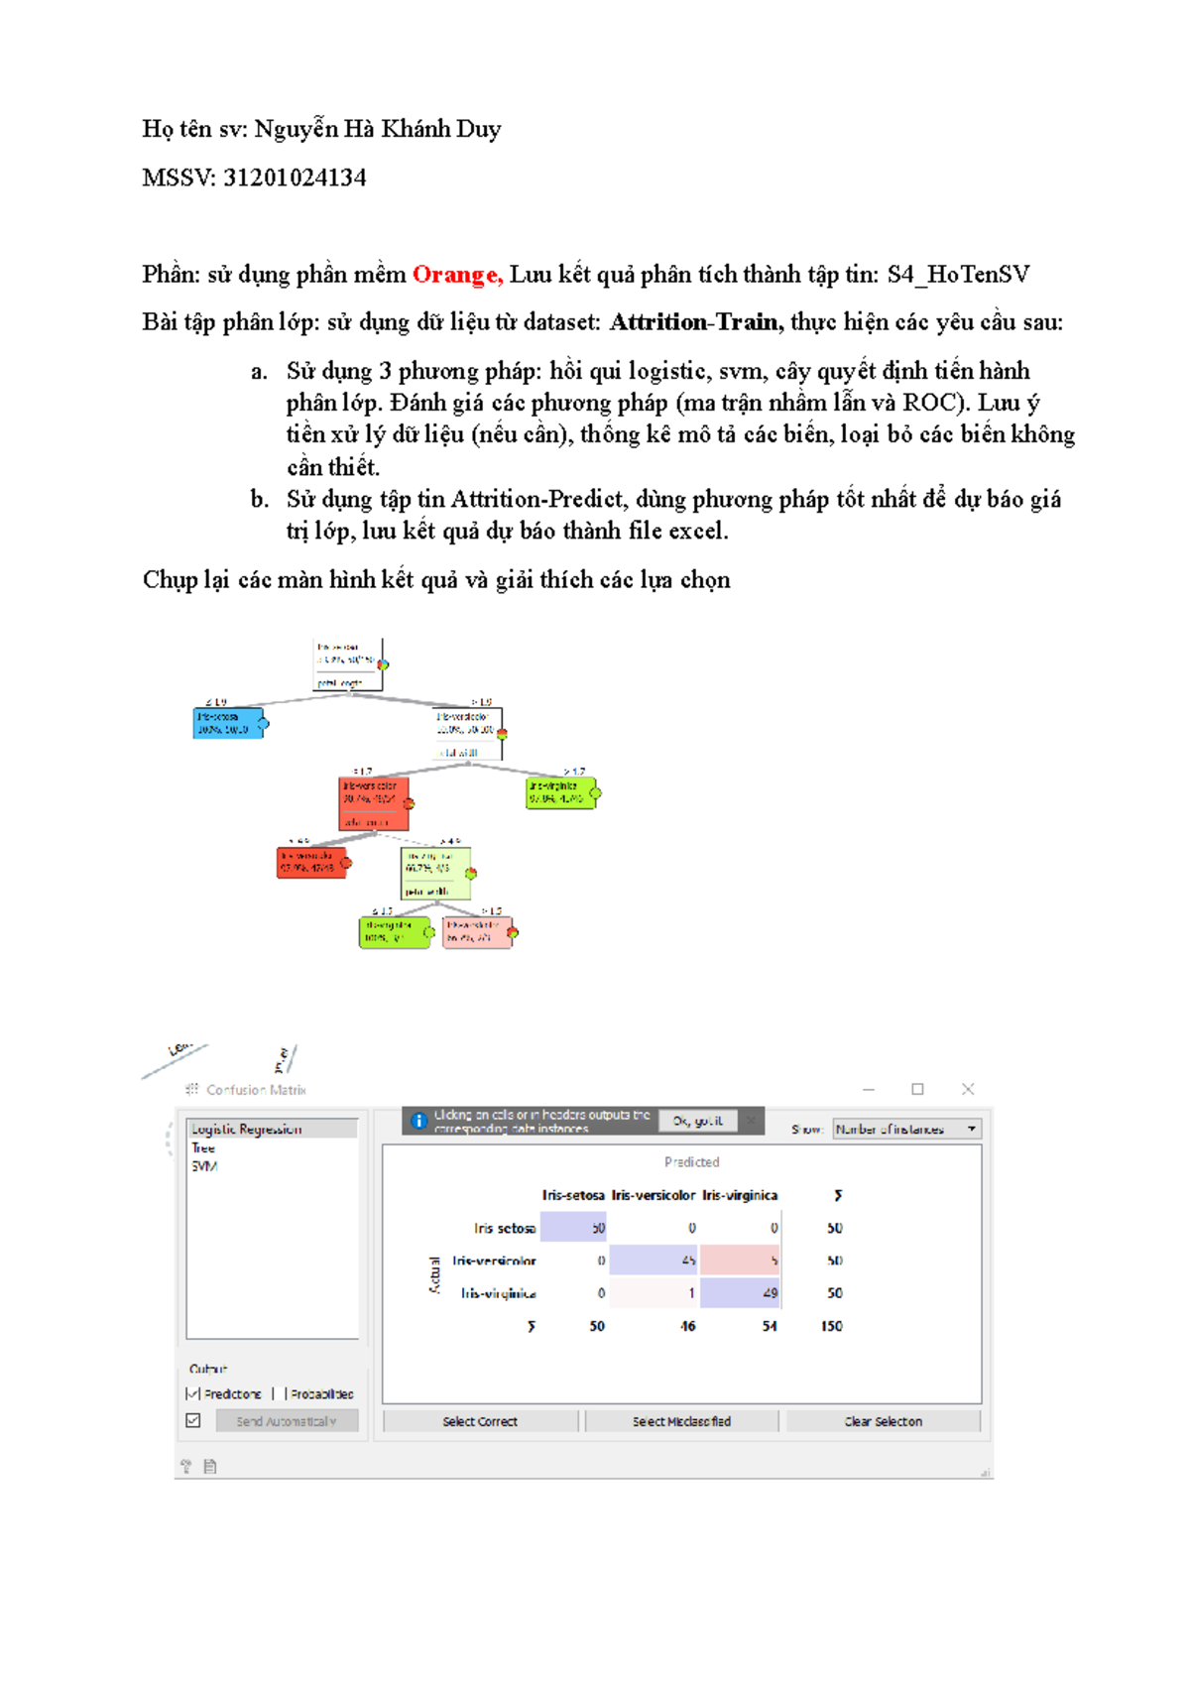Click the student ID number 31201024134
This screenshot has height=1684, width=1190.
295,178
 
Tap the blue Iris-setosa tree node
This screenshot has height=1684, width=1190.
228,722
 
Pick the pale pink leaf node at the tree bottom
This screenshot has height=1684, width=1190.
478,932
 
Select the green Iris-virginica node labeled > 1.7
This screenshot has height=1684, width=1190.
560,792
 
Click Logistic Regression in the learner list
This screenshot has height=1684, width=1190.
247,1129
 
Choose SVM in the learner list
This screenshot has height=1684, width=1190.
204,1166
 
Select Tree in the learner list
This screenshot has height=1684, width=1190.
203,1147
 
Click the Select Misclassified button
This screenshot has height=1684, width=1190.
681,1421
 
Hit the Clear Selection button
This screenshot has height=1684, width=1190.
883,1421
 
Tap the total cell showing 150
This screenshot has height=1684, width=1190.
831,1326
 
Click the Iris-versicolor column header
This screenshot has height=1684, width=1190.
653,1195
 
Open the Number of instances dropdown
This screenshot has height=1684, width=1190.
906,1129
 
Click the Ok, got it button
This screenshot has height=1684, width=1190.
697,1121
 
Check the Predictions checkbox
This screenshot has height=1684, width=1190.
193,1393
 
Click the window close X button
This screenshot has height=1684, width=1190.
968,1089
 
